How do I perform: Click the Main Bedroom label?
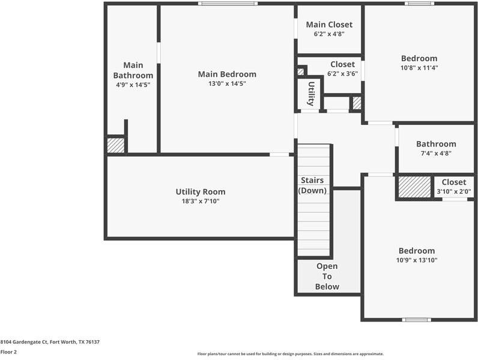[x=227, y=74]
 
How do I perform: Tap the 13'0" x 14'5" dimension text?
[x=227, y=83]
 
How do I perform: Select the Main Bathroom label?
[x=133, y=70]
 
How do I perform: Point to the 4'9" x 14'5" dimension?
[x=133, y=85]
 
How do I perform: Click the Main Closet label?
[x=329, y=25]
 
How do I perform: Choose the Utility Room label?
[x=201, y=192]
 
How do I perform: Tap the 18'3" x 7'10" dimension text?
[x=201, y=202]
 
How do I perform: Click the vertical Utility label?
[x=311, y=94]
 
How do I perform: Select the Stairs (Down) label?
[x=312, y=185]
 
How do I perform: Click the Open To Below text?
[x=327, y=276]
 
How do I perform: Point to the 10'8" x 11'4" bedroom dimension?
[x=419, y=68]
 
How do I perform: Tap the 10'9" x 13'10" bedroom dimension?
[x=417, y=260]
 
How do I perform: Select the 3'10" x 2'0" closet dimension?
[x=453, y=192]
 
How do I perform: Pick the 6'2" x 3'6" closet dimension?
[x=342, y=74]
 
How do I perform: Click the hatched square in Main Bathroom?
[x=115, y=145]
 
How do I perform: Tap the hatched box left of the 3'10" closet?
[x=414, y=187]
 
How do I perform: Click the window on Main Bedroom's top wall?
[x=228, y=4]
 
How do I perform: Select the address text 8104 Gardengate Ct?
[x=50, y=342]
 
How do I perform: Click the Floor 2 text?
[x=8, y=352]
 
